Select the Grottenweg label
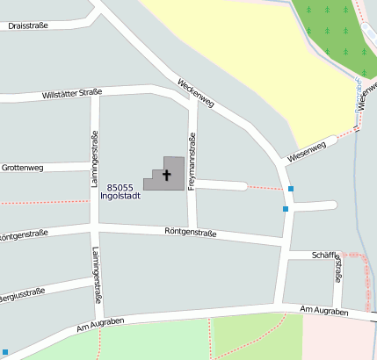pos(22,167)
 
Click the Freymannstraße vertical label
pos(192,162)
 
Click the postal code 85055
pos(120,187)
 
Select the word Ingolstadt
pos(121,196)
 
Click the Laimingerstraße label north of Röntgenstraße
pos(95,159)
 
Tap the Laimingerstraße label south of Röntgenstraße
pos(95,275)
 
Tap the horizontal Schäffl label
pos(324,255)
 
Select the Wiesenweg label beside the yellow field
pos(306,151)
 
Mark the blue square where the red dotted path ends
pos(291,188)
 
